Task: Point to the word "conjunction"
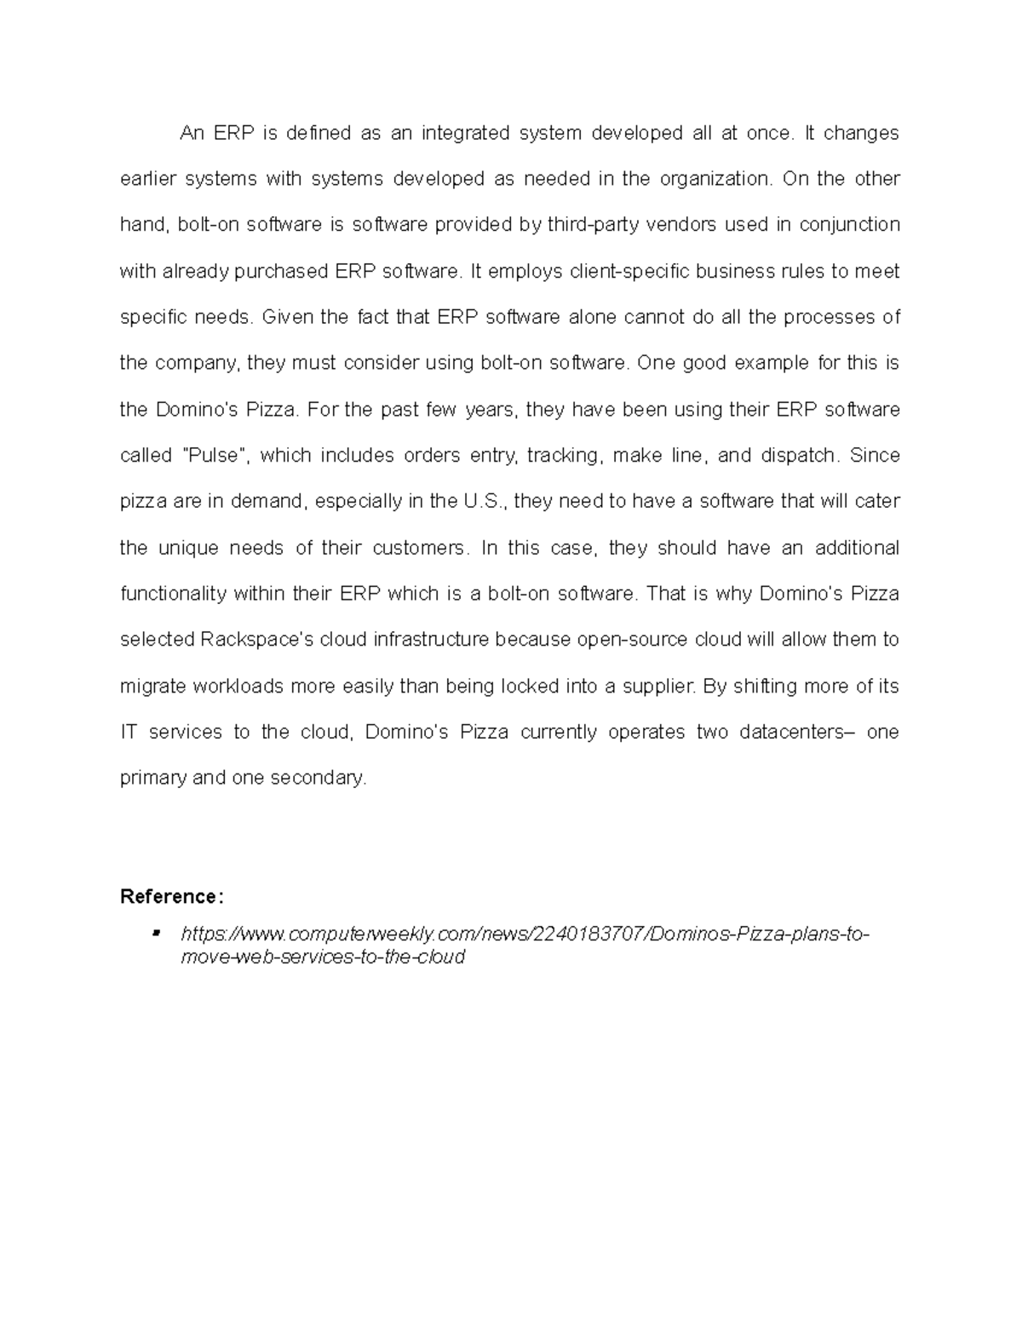point(850,225)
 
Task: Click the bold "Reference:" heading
point(172,896)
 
